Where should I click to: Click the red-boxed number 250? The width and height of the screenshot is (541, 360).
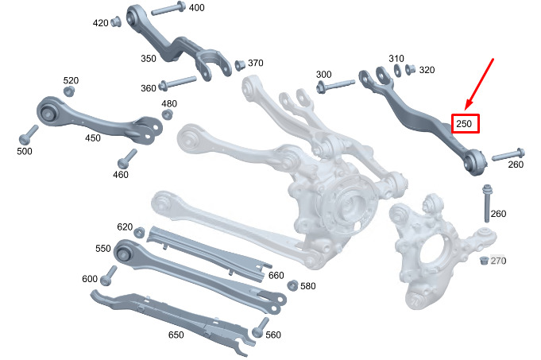[464, 123]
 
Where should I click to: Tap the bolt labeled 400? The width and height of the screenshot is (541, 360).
[168, 9]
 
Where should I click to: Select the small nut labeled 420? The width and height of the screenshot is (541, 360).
[116, 21]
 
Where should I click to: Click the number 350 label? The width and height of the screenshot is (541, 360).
[149, 58]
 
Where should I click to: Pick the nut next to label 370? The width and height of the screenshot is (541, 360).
[240, 64]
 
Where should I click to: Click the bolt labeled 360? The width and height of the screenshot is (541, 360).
[177, 83]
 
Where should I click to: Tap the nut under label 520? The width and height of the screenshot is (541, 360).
[69, 91]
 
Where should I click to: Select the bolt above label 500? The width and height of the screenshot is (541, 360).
[28, 135]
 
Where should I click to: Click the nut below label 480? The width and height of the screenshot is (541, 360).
[168, 114]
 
